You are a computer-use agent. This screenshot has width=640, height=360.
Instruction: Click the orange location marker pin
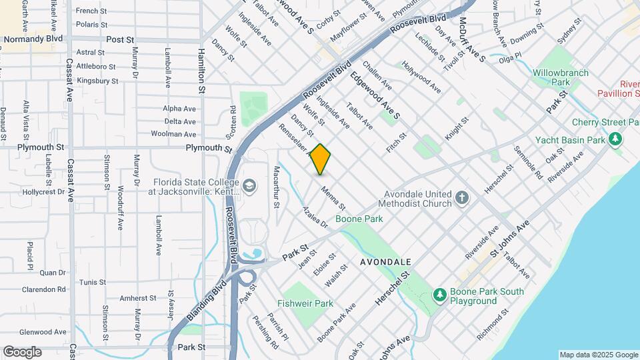[x=321, y=159]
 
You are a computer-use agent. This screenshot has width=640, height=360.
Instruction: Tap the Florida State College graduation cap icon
[x=250, y=185]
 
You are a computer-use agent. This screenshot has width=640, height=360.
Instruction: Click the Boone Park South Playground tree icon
[x=439, y=294]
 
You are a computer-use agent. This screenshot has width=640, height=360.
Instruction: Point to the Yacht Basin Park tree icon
[x=617, y=140]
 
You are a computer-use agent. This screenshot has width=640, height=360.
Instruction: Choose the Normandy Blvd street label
[x=33, y=39]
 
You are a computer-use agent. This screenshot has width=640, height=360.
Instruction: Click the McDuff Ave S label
[x=471, y=41]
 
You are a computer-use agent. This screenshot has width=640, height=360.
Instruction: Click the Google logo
[x=22, y=352]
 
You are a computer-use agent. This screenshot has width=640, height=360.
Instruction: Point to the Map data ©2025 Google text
[x=598, y=355]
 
